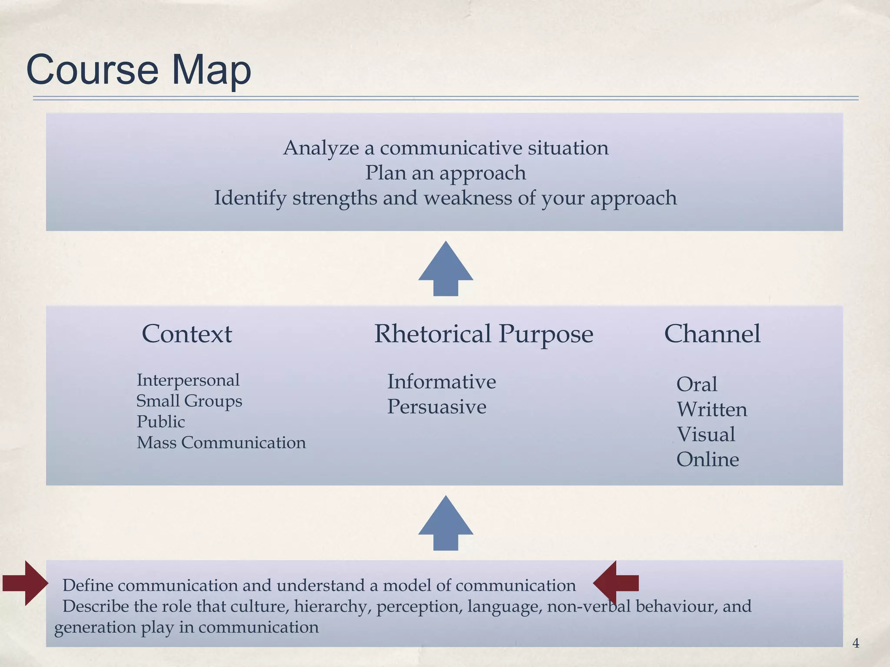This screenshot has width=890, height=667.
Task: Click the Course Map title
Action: pos(139,70)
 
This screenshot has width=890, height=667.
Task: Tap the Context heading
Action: pos(187,334)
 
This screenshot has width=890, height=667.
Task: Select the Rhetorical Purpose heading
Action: pos(484,334)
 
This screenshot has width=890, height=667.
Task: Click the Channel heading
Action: pos(712,334)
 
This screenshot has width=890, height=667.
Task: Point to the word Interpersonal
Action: pos(188,380)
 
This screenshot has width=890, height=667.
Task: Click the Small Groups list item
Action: pos(189,401)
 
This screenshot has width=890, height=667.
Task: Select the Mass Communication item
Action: pos(221,442)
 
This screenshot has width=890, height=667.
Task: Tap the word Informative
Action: pos(442,382)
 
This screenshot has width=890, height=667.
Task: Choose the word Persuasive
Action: pos(437,407)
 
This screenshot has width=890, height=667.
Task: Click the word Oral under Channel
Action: pos(697,384)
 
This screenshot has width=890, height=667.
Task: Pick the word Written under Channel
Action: pos(712,409)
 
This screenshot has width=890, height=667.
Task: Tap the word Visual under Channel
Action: pos(706,434)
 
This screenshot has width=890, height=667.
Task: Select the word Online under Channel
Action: pos(707,459)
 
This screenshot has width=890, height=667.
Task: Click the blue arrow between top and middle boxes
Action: pos(445,269)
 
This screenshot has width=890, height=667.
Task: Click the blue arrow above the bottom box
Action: pos(445,524)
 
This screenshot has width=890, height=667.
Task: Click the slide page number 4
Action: pos(856,643)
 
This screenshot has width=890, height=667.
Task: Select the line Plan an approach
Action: pos(445,173)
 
